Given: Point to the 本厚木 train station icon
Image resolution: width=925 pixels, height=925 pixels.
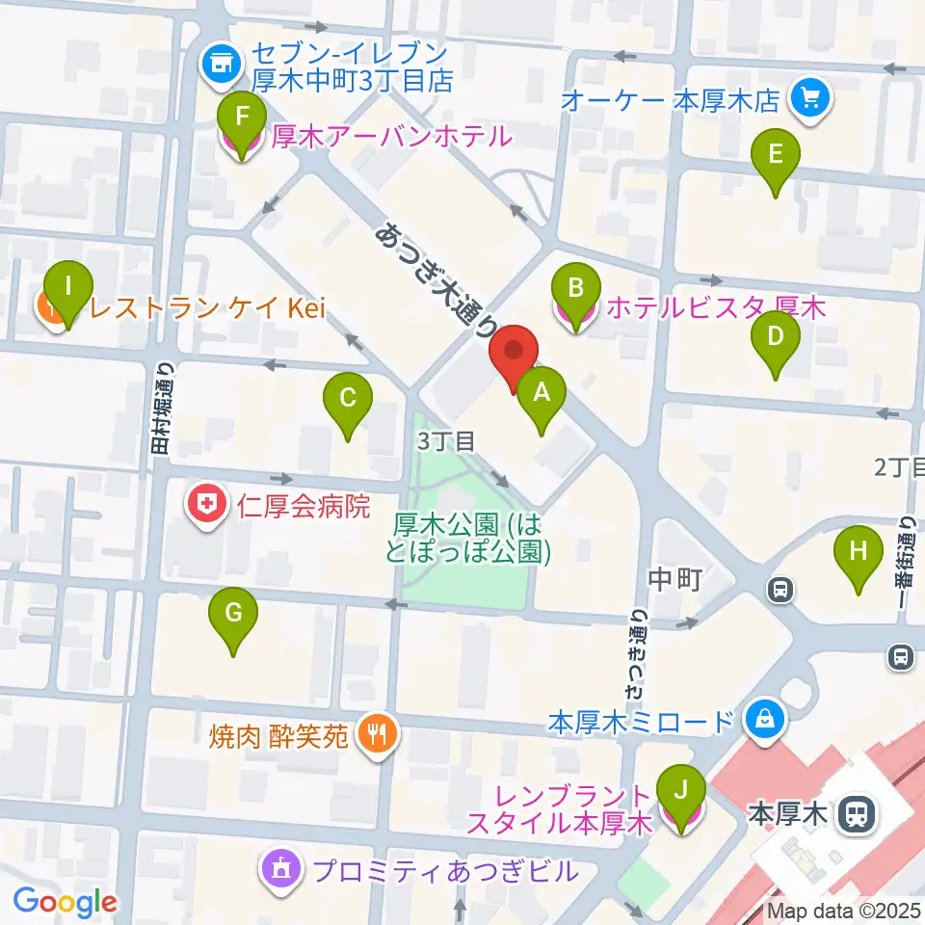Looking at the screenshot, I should click(x=854, y=815).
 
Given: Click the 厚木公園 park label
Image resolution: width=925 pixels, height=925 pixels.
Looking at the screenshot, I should click(x=472, y=538).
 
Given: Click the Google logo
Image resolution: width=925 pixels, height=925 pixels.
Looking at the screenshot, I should click(x=66, y=902).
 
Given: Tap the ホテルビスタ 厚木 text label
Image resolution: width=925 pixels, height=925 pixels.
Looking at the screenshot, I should click(x=717, y=309).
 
